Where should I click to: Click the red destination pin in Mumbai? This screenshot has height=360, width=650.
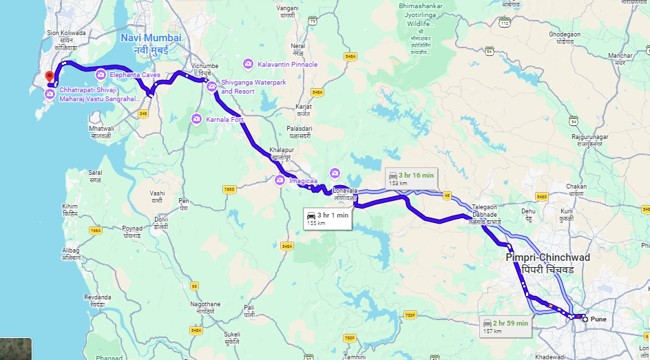pyautogui.click(x=48, y=76)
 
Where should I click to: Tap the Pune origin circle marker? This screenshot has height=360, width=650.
pyautogui.click(x=585, y=319)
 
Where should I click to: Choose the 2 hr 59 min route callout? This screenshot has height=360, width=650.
pyautogui.click(x=505, y=326)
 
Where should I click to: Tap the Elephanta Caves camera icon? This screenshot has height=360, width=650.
pyautogui.click(x=101, y=74)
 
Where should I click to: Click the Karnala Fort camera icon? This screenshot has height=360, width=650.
pyautogui.click(x=196, y=119)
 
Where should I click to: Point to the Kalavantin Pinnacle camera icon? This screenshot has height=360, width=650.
pyautogui.click(x=248, y=64)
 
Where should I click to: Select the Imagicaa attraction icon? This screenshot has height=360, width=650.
pyautogui.click(x=280, y=180)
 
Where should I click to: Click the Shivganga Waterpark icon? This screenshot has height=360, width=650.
pyautogui.click(x=212, y=87)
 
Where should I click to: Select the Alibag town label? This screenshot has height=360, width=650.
pyautogui.click(x=71, y=254)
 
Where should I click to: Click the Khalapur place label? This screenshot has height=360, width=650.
pyautogui.click(x=282, y=153)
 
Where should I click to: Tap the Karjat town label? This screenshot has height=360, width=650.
pyautogui.click(x=304, y=109)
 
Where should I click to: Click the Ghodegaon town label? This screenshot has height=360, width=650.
pyautogui.click(x=565, y=37)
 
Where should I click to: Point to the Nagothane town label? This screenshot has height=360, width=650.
pyautogui.click(x=206, y=307)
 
